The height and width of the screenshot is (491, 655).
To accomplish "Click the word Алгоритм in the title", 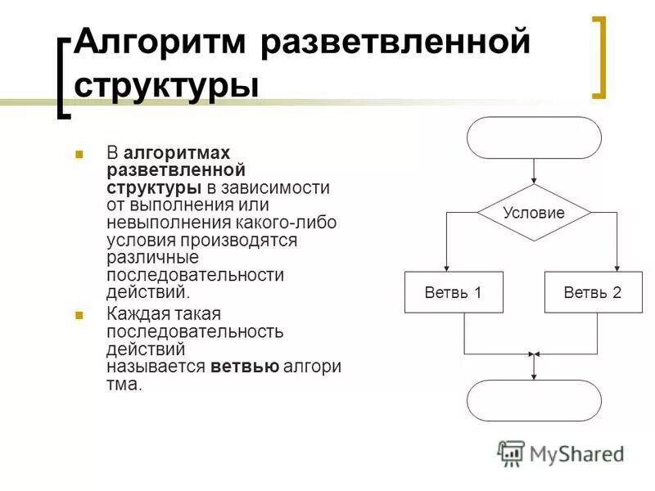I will (161, 43).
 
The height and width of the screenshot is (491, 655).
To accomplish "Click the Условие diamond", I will (534, 213).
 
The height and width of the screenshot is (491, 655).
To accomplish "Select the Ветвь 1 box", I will (453, 292).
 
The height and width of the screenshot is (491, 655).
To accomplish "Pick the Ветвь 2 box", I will (593, 292).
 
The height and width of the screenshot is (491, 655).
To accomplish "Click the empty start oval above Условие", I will (534, 137).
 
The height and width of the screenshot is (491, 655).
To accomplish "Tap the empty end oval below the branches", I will (534, 400).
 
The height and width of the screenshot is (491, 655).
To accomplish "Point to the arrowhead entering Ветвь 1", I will (446, 268).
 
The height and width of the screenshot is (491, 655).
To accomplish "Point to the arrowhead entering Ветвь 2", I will (617, 268).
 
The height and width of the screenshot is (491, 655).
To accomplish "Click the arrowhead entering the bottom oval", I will (534, 376).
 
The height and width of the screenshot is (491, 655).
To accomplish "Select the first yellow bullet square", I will (79, 153).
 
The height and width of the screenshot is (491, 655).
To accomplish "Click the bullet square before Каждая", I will (79, 314).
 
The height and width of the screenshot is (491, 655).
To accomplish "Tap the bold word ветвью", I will (245, 367).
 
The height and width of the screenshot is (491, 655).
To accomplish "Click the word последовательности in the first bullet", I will (195, 275).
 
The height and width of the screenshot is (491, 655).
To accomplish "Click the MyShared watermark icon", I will (511, 453).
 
